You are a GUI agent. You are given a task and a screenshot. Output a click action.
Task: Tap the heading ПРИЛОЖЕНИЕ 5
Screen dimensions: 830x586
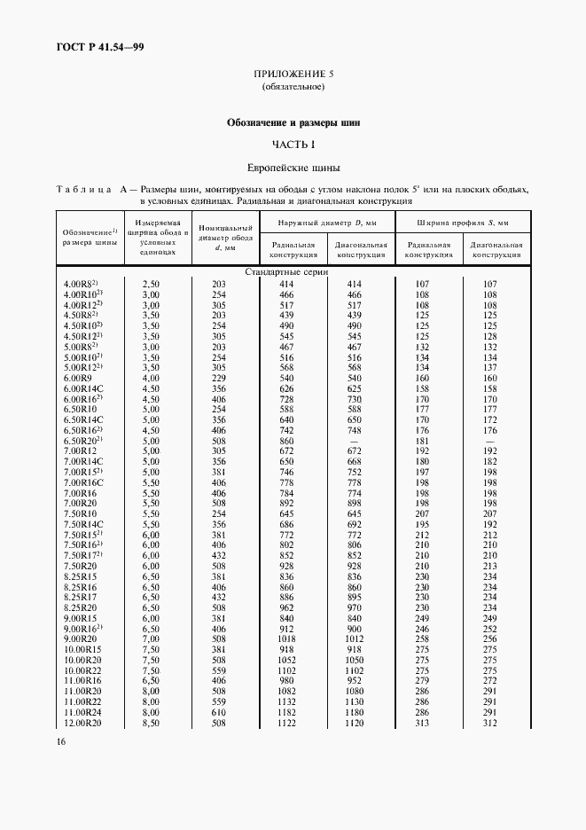pyautogui.click(x=293, y=74)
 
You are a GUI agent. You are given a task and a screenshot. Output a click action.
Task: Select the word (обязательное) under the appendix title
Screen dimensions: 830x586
pyautogui.click(x=293, y=87)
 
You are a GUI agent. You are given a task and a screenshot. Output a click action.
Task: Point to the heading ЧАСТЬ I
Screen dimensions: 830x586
pyautogui.click(x=293, y=144)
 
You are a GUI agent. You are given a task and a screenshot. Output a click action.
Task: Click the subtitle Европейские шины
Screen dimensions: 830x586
pyautogui.click(x=293, y=167)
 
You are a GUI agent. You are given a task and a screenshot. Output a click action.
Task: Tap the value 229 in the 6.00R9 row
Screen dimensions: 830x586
pyautogui.click(x=219, y=379)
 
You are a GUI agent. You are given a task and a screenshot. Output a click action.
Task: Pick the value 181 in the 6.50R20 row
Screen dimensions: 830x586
pyautogui.click(x=421, y=441)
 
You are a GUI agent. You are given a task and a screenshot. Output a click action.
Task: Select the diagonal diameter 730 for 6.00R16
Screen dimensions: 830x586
pyautogui.click(x=355, y=399)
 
